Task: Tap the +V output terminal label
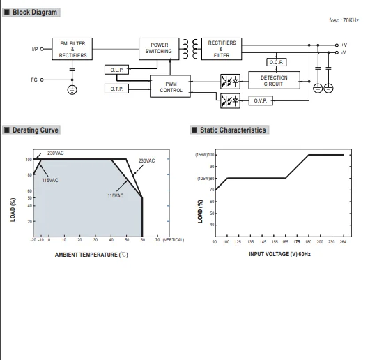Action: [x=344, y=45]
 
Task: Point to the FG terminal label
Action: [x=34, y=80]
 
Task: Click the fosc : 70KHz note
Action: [x=344, y=20]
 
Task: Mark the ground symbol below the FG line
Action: [x=72, y=90]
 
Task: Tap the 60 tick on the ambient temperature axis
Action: [x=143, y=240]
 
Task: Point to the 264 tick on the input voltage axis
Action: [x=343, y=242]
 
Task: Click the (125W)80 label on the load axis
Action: [x=206, y=179]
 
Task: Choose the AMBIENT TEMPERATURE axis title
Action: [x=91, y=255]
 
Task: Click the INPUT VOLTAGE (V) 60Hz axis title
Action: [x=279, y=254]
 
